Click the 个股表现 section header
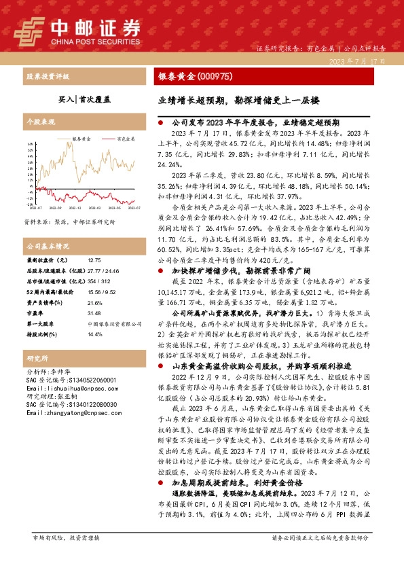click(x=39, y=122)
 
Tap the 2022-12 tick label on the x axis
click(x=75, y=209)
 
